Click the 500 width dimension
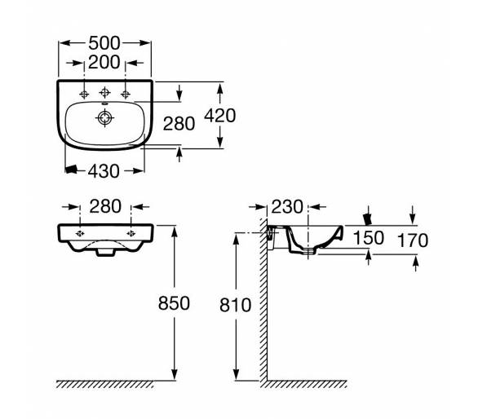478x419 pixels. [104, 43]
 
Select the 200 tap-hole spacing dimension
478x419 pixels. [104, 63]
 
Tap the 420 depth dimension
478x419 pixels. [220, 116]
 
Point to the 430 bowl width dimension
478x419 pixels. [104, 171]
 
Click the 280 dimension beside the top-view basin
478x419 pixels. [179, 124]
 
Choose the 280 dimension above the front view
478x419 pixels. [105, 206]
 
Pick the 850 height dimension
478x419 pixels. [174, 303]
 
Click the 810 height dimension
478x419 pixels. [236, 305]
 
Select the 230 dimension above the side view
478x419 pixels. [287, 207]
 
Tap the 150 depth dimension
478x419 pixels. [369, 238]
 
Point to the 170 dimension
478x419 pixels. [413, 240]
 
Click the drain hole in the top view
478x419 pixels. [105, 118]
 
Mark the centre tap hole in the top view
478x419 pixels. [105, 92]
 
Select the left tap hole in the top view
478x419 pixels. [84, 95]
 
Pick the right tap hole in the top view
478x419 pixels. [126, 95]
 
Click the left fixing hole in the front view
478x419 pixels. [80, 234]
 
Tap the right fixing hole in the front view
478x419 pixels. [131, 234]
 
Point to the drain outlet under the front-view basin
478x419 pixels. [105, 252]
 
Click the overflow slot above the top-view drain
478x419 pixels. [105, 104]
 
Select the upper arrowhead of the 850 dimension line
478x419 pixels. [175, 232]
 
